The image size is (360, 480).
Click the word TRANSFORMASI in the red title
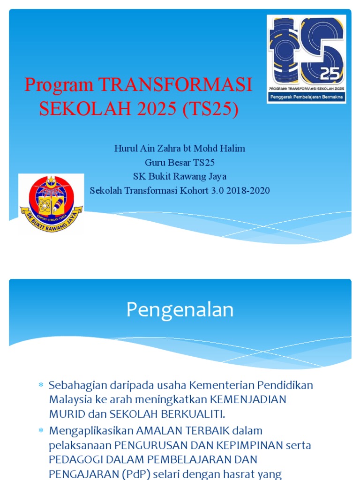[175, 85]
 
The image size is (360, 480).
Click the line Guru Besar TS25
[180, 163]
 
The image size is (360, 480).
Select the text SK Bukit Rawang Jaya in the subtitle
[180, 177]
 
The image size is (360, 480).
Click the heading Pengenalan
[180, 310]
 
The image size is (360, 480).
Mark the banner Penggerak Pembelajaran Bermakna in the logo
[306, 97]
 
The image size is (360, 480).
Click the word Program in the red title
[59, 85]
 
